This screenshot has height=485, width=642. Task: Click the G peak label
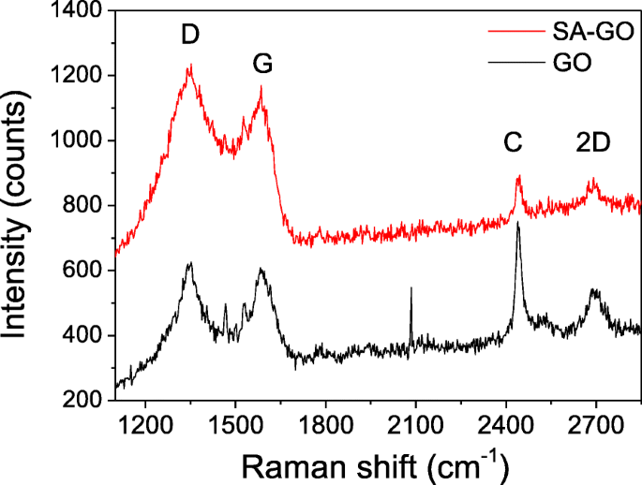pyautogui.click(x=265, y=65)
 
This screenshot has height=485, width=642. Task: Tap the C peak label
pyautogui.click(x=512, y=143)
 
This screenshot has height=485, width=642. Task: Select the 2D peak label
pyautogui.click(x=592, y=143)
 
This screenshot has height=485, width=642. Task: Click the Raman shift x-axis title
pyautogui.click(x=376, y=463)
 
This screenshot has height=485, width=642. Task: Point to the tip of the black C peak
pyautogui.click(x=517, y=223)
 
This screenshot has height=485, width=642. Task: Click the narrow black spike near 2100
pyautogui.click(x=411, y=289)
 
